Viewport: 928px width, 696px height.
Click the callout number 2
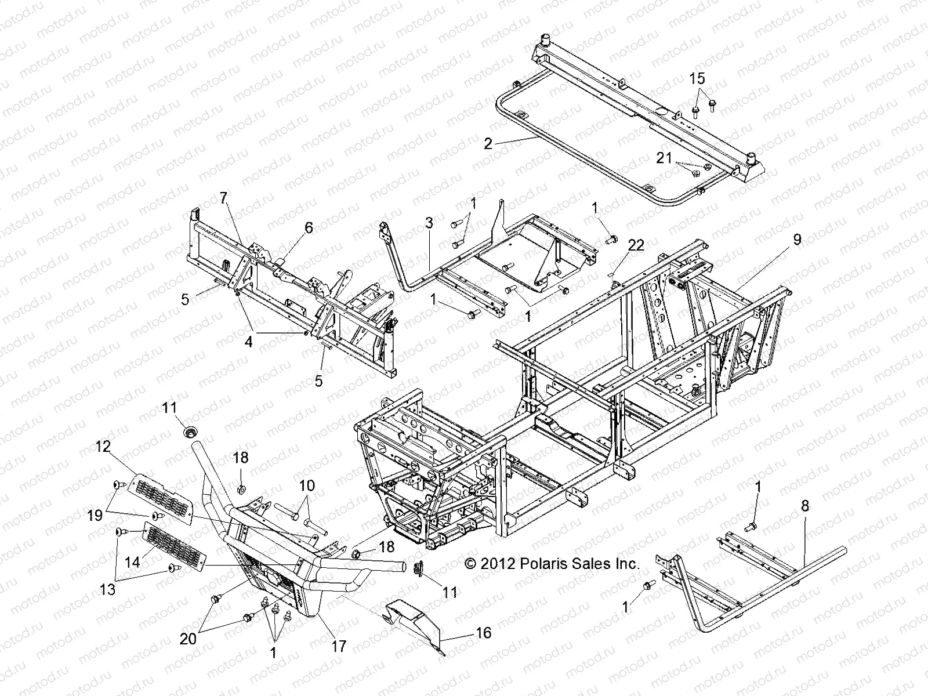tap(488, 143)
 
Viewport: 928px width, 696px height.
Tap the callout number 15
tap(697, 78)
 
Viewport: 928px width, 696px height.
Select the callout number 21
tap(664, 158)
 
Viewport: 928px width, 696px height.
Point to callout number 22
tap(636, 245)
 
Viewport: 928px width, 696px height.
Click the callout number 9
tap(797, 239)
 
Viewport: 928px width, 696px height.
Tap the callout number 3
tap(429, 222)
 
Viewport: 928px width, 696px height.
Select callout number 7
tap(224, 198)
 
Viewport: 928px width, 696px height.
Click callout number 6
tap(309, 227)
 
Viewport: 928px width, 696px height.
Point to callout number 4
tap(248, 342)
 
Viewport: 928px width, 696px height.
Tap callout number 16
tap(483, 632)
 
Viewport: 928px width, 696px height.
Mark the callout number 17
tap(338, 646)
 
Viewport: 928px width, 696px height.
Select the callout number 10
tap(307, 485)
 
